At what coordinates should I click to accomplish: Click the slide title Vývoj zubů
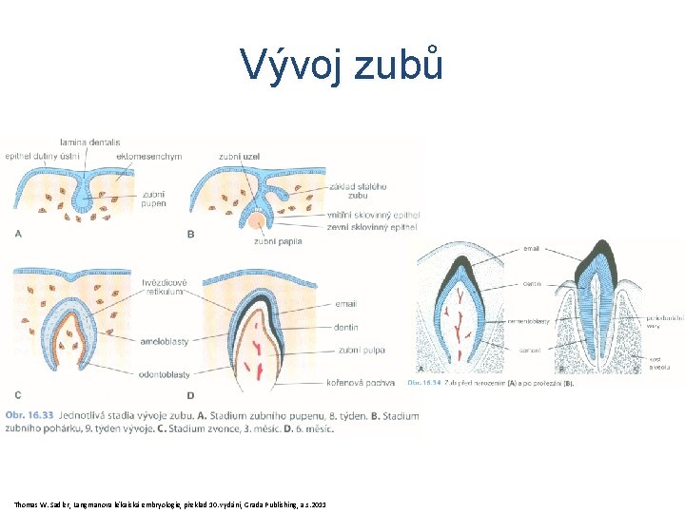click(x=342, y=65)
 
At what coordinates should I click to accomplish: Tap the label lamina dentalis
click(x=88, y=142)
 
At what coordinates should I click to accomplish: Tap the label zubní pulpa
click(x=361, y=351)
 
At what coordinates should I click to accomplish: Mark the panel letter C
click(x=18, y=394)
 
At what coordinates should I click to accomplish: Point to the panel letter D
click(x=190, y=394)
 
